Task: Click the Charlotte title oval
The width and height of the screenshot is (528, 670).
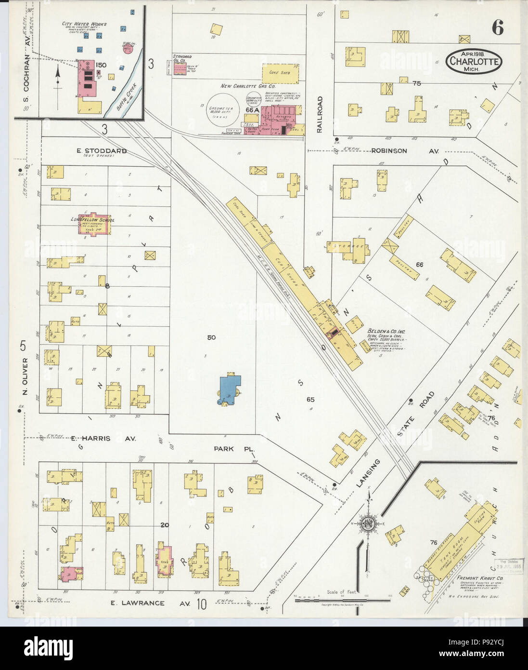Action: (474, 61)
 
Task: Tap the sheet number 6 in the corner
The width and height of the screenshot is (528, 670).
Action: (497, 29)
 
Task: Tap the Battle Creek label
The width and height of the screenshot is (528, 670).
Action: (127, 94)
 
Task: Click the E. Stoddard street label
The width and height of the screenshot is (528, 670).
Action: (102, 151)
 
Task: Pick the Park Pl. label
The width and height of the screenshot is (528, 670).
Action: (231, 449)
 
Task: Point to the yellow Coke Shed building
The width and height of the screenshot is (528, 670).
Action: (281, 73)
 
